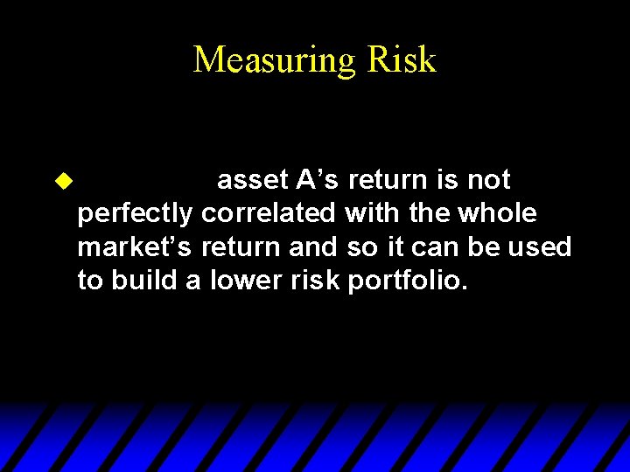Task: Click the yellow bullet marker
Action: (x=62, y=180)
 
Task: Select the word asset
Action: (x=253, y=180)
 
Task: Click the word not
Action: (x=489, y=180)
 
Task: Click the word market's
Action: (x=136, y=248)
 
